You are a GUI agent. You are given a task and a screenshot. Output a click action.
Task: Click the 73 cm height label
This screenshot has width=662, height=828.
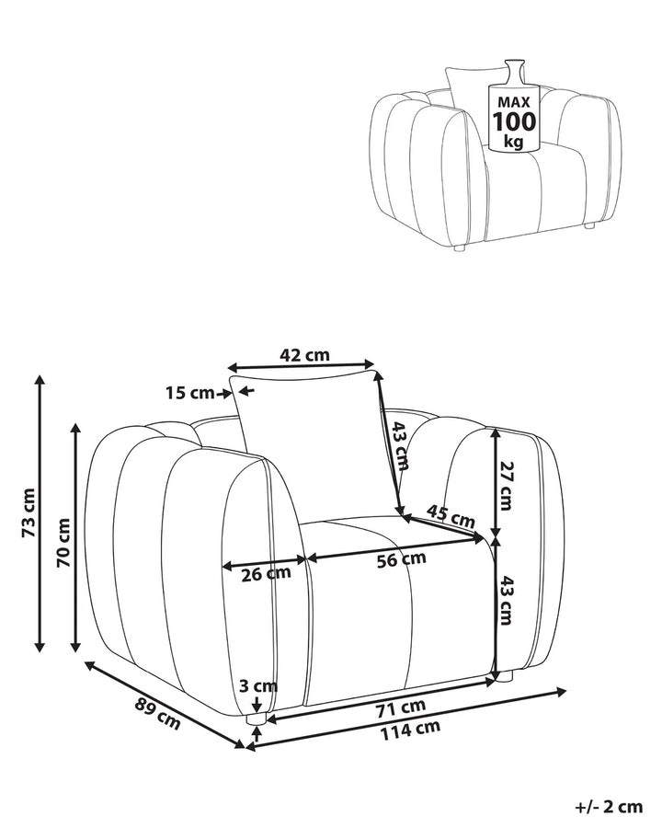click(29, 513)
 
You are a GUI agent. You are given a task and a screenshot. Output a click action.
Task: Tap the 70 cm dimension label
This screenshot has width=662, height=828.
click(63, 542)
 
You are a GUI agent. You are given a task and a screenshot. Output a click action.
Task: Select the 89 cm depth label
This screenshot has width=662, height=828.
click(158, 713)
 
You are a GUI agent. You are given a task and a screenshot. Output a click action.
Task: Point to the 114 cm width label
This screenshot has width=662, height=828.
click(410, 730)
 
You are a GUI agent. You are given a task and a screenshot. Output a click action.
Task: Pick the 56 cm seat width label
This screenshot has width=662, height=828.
click(401, 559)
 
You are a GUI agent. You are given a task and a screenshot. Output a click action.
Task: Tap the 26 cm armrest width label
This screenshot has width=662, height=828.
click(266, 573)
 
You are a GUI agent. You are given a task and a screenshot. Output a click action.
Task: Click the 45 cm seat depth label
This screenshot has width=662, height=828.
click(451, 516)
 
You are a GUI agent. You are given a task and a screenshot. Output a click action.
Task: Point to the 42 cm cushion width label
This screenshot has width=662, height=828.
click(304, 354)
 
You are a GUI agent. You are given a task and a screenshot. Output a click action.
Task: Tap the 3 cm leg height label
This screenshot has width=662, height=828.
click(258, 686)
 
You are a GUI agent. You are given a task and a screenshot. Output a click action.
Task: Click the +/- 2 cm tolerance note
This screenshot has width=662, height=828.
click(609, 806)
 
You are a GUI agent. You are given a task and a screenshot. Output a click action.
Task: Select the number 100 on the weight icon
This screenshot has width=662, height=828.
click(514, 122)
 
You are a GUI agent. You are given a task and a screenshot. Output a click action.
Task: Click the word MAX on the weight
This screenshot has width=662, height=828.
click(514, 102)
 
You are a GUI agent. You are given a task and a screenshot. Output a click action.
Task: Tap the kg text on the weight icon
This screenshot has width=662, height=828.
click(514, 142)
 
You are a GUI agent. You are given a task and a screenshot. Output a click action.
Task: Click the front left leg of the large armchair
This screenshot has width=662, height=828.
click(257, 719)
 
